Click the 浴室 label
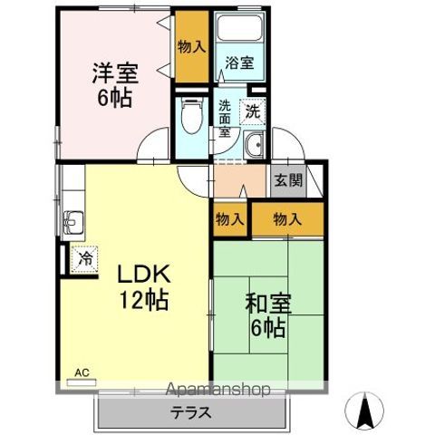click(x=240, y=63)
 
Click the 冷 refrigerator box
click(x=84, y=257)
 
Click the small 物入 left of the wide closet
click(x=229, y=218)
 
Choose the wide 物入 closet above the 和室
click(x=286, y=218)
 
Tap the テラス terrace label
click(x=191, y=411)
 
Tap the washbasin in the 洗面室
click(x=254, y=144)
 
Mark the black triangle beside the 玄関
click(x=314, y=176)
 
